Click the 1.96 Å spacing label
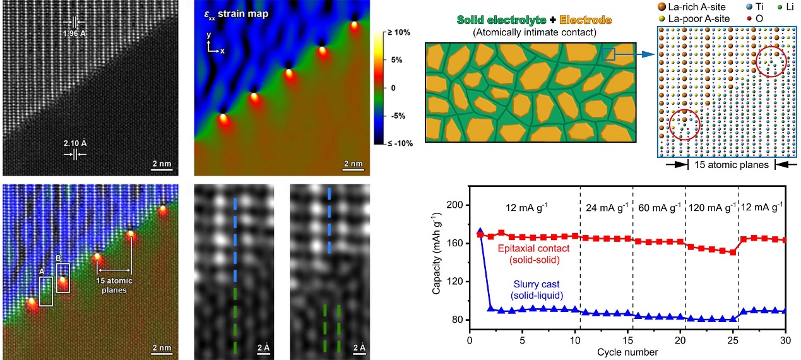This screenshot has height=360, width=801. (76, 33)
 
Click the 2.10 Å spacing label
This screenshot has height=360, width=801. (75, 142)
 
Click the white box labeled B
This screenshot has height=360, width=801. (62, 278)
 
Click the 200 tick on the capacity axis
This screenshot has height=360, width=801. (456, 205)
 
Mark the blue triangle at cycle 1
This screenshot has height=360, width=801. (480, 232)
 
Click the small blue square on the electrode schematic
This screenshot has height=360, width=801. (608, 55)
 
